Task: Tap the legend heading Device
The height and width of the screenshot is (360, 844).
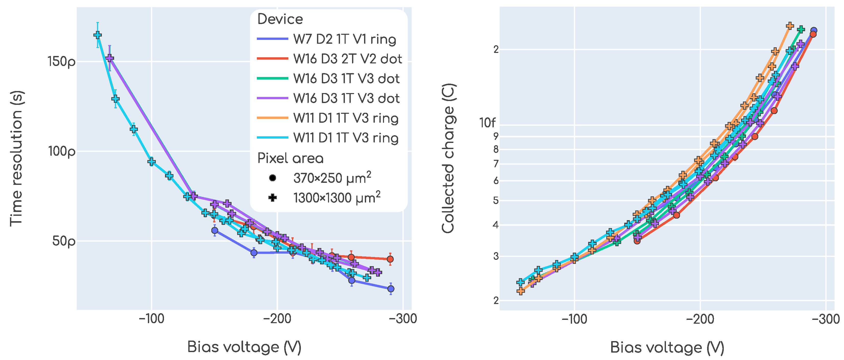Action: click(280, 19)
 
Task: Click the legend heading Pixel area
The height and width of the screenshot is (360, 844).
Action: click(290, 158)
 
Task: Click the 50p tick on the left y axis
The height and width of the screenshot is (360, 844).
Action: click(63, 241)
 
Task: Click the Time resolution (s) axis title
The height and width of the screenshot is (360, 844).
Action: click(16, 159)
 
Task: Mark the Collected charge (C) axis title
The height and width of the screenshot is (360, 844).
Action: click(448, 159)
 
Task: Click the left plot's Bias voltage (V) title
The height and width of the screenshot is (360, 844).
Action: click(244, 347)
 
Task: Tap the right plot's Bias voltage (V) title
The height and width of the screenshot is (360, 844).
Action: click(667, 347)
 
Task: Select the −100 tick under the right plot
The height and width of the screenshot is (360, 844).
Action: click(574, 319)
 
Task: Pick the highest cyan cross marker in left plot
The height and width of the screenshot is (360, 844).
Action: click(97, 35)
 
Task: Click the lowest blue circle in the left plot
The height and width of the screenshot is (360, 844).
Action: click(391, 289)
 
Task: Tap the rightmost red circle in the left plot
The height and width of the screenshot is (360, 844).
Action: click(390, 259)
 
